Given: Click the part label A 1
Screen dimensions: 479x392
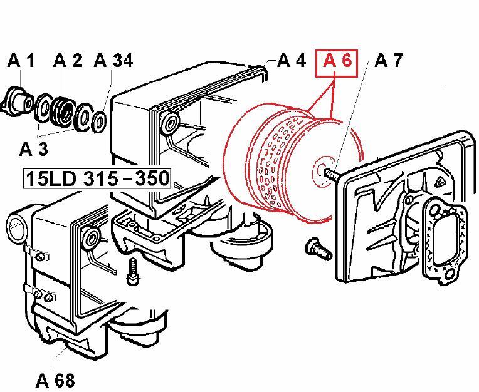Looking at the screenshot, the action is point(21,60).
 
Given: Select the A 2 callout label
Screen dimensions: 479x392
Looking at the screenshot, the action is point(68,60).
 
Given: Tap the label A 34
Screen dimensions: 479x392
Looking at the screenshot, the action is point(113,60).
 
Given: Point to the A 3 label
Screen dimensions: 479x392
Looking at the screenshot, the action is point(34,149).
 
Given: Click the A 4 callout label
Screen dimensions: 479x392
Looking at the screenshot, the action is point(292,60).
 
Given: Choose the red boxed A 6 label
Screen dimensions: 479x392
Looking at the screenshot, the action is point(337,63).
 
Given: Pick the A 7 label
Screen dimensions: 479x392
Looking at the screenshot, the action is point(389,60).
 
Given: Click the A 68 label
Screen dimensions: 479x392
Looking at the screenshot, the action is point(55,380).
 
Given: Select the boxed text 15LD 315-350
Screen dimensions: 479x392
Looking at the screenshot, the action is point(97,178).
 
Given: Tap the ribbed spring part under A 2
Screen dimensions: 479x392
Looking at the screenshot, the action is point(63,111).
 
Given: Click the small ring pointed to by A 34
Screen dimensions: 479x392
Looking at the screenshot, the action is point(99,122).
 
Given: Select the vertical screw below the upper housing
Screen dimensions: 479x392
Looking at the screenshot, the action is point(132,271).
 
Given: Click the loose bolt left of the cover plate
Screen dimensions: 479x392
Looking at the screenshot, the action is point(318,249).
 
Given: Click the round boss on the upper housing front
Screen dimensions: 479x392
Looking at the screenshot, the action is point(169,123).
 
